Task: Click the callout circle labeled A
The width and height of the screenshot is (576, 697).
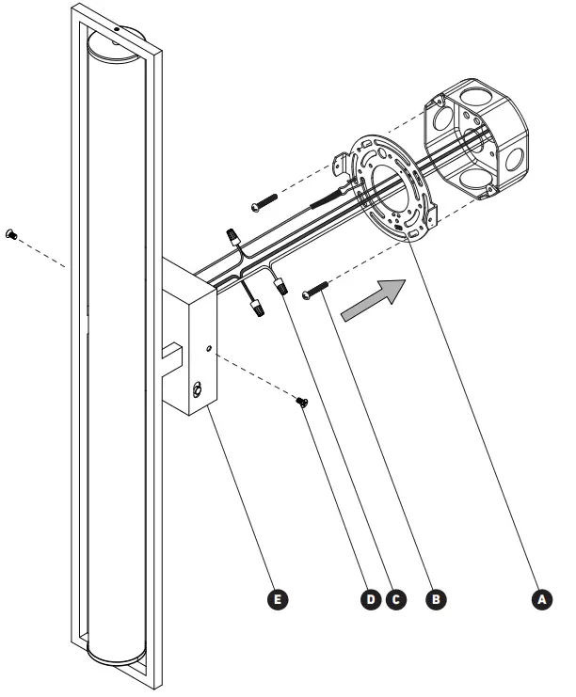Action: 539,596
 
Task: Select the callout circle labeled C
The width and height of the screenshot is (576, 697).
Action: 396,596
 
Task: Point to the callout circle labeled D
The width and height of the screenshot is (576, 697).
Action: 374,596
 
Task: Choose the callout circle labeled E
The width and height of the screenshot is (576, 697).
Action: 278,596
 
